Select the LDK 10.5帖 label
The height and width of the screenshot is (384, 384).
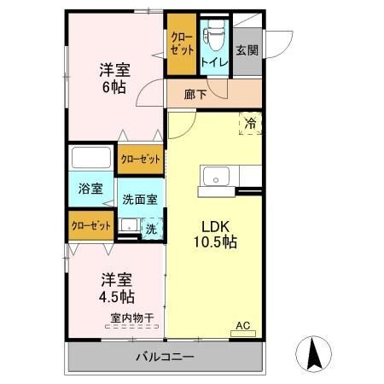point(218,234)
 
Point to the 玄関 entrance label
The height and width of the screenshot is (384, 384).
point(247,49)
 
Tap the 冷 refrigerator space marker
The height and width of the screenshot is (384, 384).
point(250,123)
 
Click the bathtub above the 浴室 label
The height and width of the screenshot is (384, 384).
point(92,159)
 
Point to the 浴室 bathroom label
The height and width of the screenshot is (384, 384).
point(90,189)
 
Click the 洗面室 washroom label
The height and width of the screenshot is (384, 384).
point(139,200)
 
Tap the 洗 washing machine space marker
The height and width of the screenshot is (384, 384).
point(151,228)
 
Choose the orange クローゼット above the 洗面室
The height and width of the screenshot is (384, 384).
point(140,159)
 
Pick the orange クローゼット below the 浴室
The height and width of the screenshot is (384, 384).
point(90,226)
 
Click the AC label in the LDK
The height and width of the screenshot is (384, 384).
point(243,325)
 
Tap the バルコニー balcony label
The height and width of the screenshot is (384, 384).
point(165,356)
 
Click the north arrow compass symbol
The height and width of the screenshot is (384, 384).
point(312,352)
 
